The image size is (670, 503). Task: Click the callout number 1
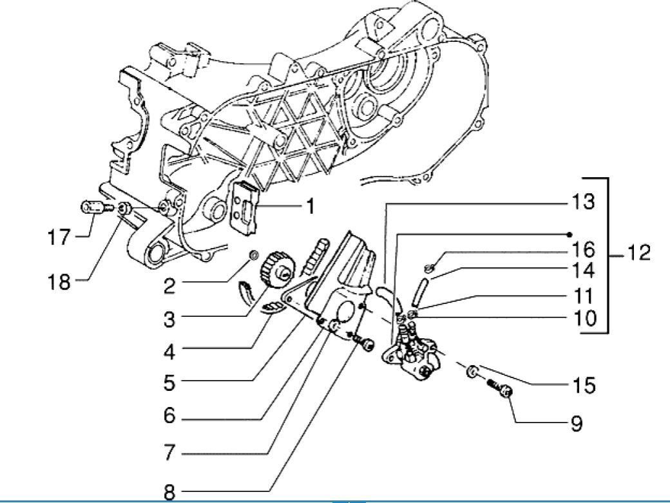pyautogui.click(x=309, y=207)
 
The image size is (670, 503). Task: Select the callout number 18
pyautogui.click(x=59, y=282)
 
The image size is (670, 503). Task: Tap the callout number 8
pyautogui.click(x=169, y=493)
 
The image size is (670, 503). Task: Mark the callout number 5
pyautogui.click(x=169, y=382)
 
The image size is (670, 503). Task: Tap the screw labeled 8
pyautogui.click(x=367, y=346)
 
